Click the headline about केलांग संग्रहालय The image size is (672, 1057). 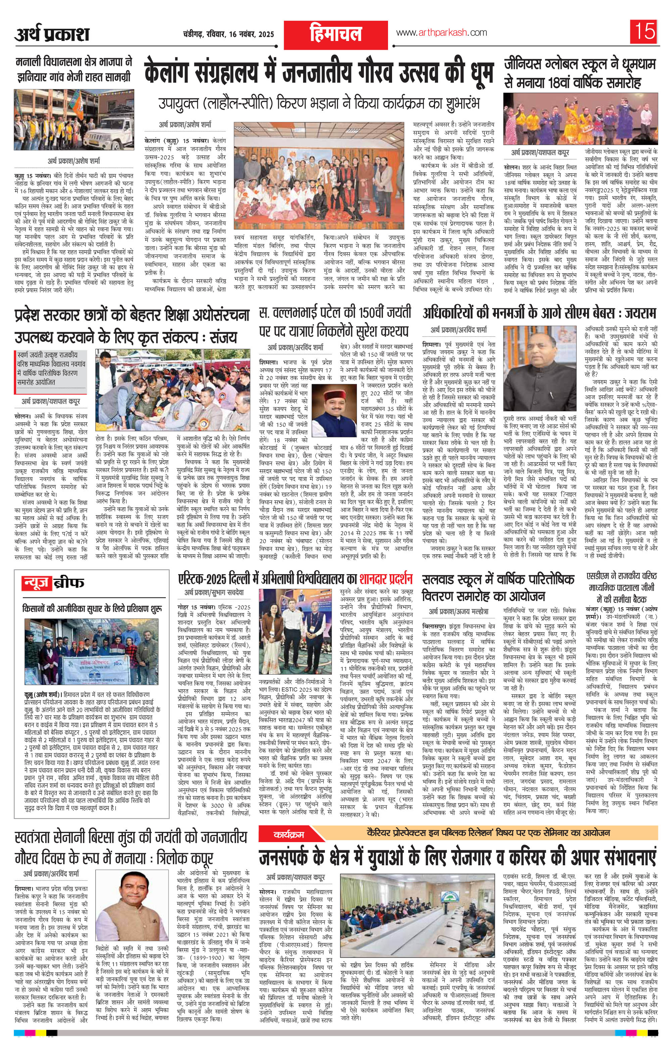pos(321,71)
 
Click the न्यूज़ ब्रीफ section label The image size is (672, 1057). pos(53,583)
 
